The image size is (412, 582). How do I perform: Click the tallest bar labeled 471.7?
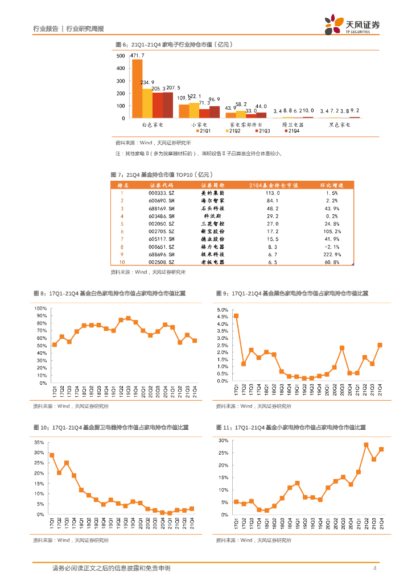pyautogui.click(x=137, y=88)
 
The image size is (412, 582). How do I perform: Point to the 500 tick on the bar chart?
pyautogui.click(x=121, y=56)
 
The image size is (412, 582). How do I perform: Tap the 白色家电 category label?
pyautogui.click(x=152, y=123)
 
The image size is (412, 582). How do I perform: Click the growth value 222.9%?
pyautogui.click(x=332, y=255)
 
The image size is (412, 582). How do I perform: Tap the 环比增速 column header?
pyautogui.click(x=332, y=185)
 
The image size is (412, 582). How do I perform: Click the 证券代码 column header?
pyautogui.click(x=161, y=185)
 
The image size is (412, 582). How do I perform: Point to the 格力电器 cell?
pyautogui.click(x=213, y=247)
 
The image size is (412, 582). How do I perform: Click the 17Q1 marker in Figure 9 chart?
pyautogui.click(x=236, y=316)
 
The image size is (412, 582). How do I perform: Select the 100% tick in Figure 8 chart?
pyautogui.click(x=41, y=309)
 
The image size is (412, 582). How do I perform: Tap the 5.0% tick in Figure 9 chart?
pyautogui.click(x=223, y=310)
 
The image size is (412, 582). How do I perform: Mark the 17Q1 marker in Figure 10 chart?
pyautogui.click(x=52, y=455)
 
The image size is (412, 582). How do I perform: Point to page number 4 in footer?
pyautogui.click(x=374, y=568)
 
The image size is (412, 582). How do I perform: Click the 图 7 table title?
pyautogui.click(x=160, y=174)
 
